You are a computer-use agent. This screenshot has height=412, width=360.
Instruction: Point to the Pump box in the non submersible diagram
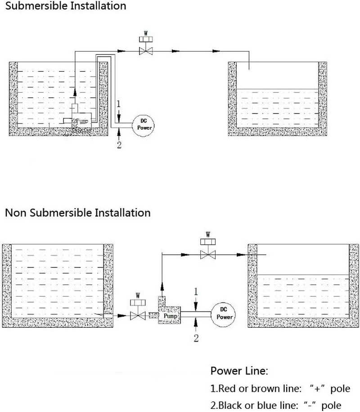(171, 316)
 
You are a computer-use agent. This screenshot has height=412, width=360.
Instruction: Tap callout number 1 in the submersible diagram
(118, 104)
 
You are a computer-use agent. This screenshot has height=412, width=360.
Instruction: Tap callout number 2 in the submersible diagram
(119, 145)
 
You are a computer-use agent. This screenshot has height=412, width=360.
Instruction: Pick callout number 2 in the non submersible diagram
(196, 338)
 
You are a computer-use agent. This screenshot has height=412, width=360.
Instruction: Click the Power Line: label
(239, 371)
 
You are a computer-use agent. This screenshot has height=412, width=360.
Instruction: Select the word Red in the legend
(225, 389)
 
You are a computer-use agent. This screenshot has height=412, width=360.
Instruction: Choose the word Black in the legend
(229, 405)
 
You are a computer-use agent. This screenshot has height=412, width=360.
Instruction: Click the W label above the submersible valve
(145, 33)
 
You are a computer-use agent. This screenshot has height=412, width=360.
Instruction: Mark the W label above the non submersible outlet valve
(208, 235)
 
